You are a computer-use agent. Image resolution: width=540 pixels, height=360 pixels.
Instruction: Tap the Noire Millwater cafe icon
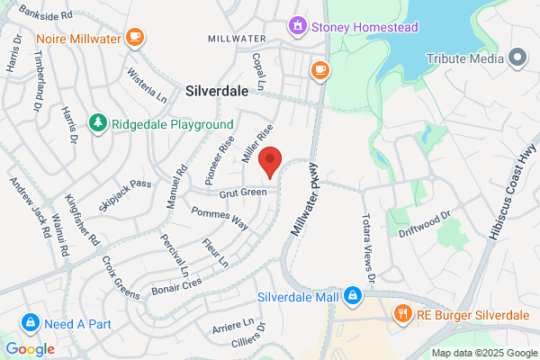coord(134,37)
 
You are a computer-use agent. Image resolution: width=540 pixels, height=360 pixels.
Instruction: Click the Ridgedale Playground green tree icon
coord(97,122)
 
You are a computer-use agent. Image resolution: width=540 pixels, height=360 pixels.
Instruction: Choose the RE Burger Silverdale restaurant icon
coord(402,314)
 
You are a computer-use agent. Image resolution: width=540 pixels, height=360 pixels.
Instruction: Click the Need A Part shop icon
coord(30,322)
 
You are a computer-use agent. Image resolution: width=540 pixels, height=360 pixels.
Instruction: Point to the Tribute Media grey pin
coord(517,58)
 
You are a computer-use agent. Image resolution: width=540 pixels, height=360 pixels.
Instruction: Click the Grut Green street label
coord(242,193)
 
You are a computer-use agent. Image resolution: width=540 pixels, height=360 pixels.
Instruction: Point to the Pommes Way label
coord(220,218)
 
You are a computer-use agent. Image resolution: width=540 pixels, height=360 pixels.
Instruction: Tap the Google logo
coord(30,349)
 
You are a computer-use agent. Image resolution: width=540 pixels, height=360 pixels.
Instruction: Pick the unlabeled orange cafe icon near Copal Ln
coord(319,68)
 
